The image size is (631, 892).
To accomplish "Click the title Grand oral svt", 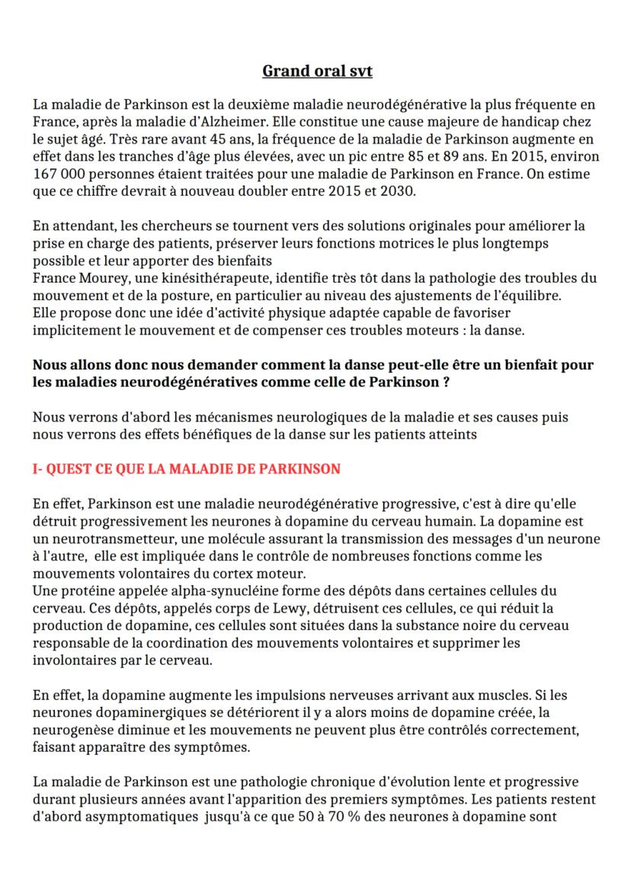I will pos(317,71).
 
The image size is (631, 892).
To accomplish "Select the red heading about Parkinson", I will pos(186,468).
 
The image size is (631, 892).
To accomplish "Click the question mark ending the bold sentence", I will pos(445,382).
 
